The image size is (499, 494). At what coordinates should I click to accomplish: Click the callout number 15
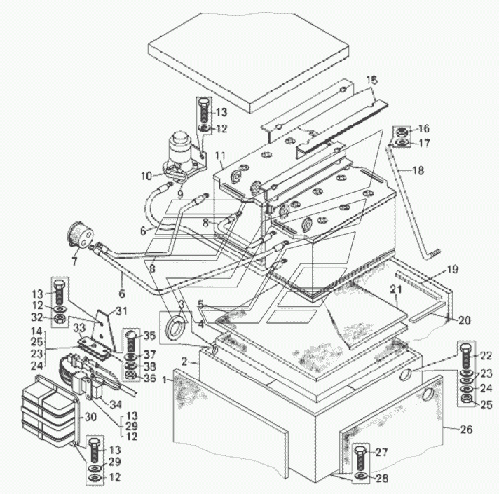[371, 81]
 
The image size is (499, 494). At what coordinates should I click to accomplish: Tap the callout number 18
[418, 170]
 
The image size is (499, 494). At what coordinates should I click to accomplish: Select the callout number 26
[467, 430]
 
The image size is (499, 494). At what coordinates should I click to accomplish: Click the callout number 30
[90, 417]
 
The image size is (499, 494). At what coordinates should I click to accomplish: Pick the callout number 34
[116, 404]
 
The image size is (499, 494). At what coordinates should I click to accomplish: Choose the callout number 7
[74, 261]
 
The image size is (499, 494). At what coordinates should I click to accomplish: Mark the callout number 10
[146, 176]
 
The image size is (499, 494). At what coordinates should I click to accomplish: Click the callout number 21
[396, 289]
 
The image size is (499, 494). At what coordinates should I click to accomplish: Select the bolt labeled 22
[466, 356]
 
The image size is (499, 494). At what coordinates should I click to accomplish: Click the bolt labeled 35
[131, 341]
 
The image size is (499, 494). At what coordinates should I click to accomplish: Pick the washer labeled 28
[360, 476]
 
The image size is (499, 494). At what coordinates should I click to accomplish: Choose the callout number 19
[452, 270]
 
